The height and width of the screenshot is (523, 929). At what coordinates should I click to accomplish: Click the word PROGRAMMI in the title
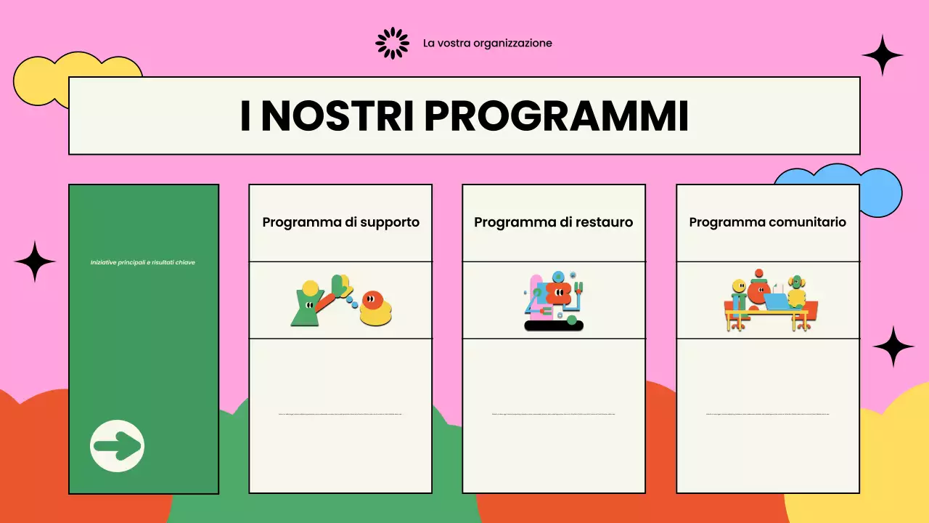(556, 116)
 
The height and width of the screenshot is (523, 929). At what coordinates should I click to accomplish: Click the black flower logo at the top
(392, 43)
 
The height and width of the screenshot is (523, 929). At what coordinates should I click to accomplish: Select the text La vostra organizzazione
(487, 43)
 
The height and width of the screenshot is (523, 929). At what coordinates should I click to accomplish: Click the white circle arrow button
(118, 446)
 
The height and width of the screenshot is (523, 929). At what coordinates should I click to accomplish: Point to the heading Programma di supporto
(340, 222)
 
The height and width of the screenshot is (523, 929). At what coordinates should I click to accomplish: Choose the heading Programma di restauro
(553, 222)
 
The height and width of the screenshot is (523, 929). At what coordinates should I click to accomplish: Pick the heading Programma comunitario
(767, 222)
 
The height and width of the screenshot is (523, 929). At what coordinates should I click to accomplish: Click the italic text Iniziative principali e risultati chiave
(143, 262)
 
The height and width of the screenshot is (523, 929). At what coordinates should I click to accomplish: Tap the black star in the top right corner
(883, 55)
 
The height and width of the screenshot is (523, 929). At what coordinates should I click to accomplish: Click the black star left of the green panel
(35, 261)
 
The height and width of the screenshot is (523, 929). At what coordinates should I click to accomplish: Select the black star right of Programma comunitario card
(893, 346)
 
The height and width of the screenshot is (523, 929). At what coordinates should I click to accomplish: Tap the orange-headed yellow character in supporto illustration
(375, 308)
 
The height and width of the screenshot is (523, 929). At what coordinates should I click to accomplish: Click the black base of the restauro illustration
(554, 326)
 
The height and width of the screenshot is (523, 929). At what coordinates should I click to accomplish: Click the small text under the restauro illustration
(553, 415)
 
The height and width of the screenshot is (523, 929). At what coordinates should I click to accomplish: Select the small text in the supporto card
(340, 414)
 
